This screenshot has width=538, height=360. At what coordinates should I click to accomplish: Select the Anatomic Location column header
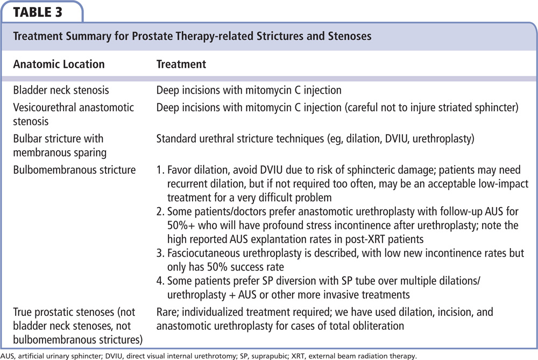point(59,64)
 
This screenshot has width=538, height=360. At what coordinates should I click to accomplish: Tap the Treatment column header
point(181,64)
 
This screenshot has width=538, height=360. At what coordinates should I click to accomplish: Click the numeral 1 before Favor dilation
point(159,171)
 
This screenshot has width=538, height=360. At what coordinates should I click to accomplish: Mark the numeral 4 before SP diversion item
point(160,281)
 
